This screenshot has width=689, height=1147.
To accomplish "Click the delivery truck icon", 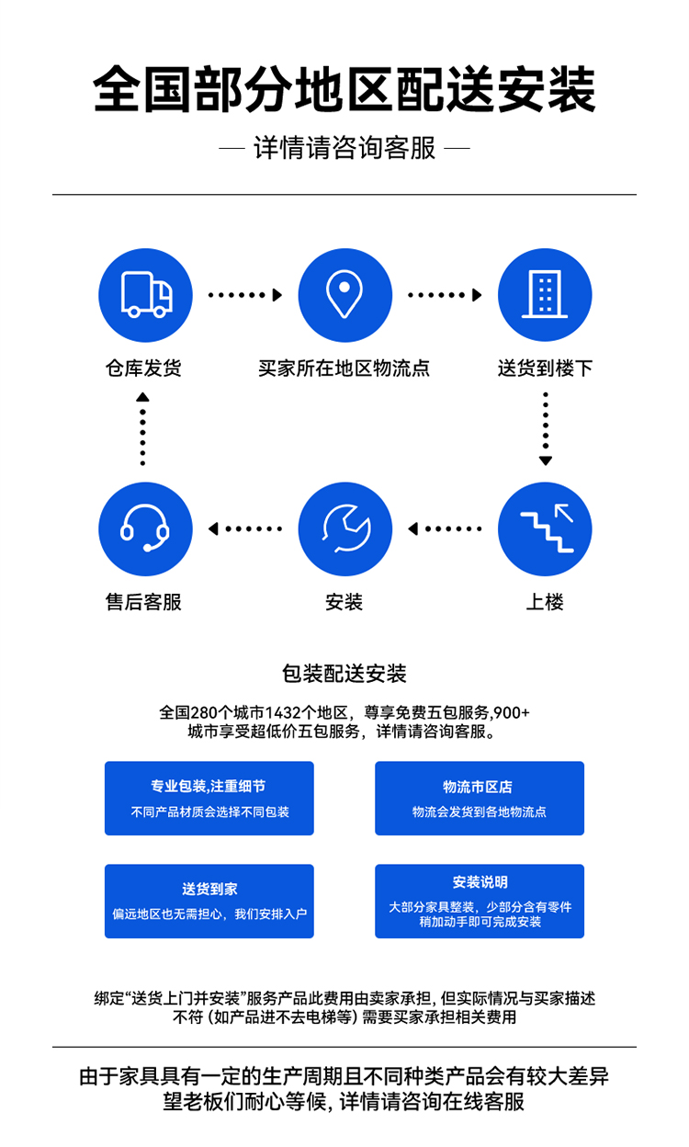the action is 145,295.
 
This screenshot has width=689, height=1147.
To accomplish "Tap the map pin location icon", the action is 345,295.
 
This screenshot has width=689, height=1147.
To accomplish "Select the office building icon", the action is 545,295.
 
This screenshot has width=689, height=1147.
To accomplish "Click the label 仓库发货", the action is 143,369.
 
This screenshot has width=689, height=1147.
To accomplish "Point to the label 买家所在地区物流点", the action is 344,369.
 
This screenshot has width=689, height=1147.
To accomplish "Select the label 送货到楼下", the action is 545,369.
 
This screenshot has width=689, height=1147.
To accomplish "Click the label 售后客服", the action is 143,602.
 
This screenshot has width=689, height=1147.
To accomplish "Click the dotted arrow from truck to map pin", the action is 245,295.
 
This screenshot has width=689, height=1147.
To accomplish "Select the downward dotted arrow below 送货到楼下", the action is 546,429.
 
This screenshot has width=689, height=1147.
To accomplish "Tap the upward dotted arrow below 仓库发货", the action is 142,429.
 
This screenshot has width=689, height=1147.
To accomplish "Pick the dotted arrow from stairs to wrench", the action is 445,528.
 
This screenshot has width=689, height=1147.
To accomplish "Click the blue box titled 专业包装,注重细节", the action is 209,799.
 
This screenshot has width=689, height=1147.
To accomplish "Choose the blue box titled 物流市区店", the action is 480,799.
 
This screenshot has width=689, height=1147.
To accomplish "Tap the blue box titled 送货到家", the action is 209,902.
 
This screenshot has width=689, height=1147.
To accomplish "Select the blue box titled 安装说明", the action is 480,902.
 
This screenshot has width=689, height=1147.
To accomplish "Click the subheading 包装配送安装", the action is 344,674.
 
